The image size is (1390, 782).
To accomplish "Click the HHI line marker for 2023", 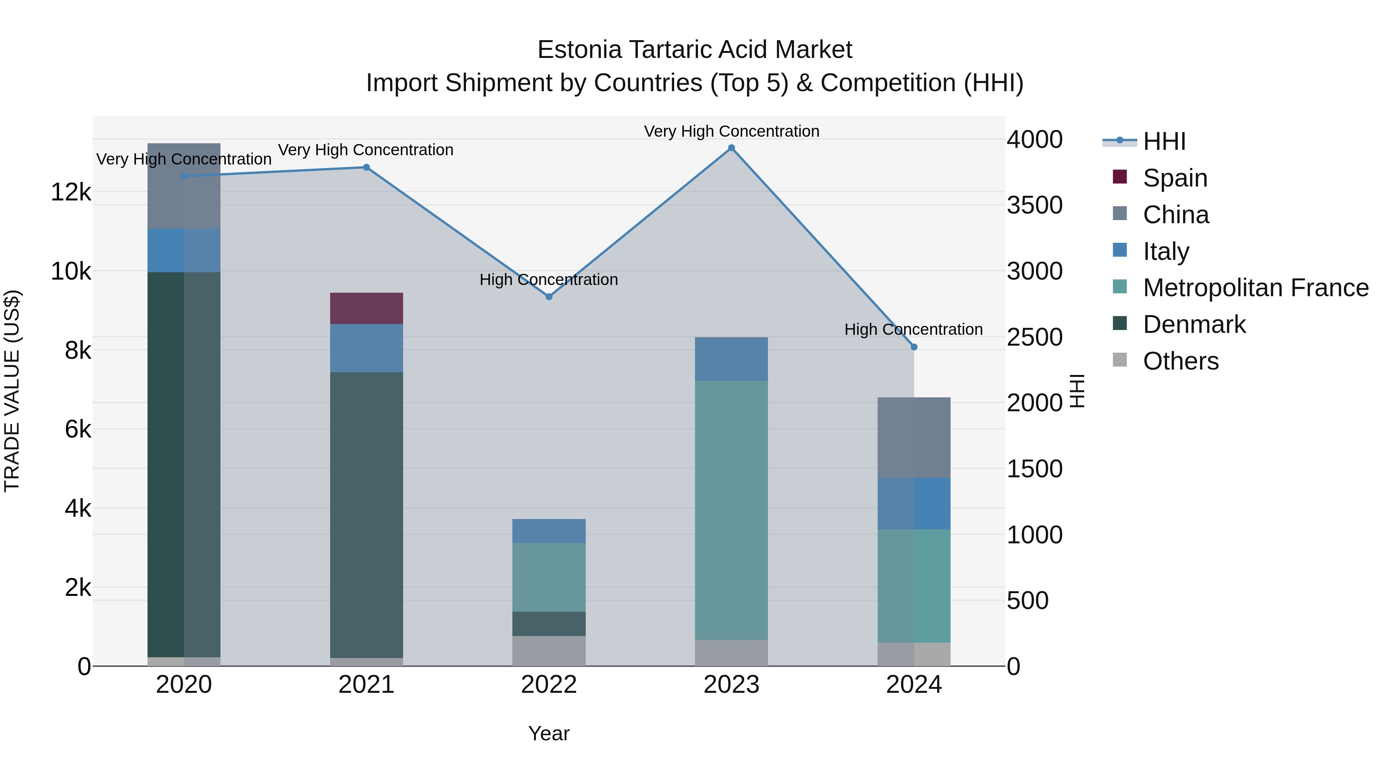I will (x=731, y=148).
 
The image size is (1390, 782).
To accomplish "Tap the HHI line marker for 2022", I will (x=549, y=297).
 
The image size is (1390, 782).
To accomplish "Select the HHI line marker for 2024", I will (x=914, y=347).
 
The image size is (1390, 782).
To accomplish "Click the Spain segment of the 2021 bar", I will (x=366, y=308).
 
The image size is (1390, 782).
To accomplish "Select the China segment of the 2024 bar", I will (x=914, y=437).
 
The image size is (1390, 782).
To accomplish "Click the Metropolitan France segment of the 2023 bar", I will (x=731, y=510).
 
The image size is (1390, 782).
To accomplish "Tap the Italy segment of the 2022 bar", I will (x=549, y=531).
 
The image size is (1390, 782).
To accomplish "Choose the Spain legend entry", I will (x=1174, y=178).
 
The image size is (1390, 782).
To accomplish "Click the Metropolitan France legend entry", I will (x=1255, y=288).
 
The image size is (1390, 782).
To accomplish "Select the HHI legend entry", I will (x=1164, y=141).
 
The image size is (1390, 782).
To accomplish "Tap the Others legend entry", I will (x=1180, y=361).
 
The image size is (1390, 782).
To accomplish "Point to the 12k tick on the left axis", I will (x=71, y=192).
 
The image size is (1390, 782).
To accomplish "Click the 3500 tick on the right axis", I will (x=1034, y=205).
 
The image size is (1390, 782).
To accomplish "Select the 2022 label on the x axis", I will (x=549, y=685).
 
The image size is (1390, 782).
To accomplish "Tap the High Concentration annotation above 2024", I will (x=913, y=329).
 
